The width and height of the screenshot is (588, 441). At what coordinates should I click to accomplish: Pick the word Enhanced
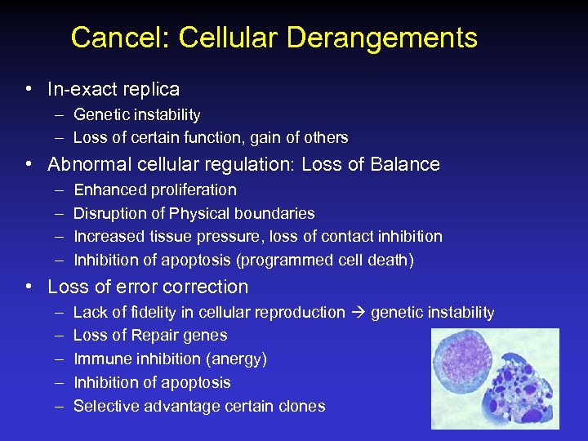coord(109,190)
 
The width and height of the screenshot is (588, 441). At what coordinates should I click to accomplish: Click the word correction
coord(208,287)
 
